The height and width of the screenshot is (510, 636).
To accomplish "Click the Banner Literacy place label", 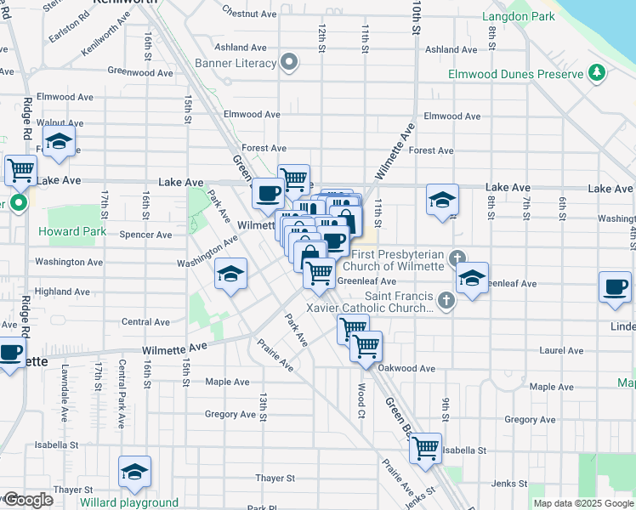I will pos(236,63).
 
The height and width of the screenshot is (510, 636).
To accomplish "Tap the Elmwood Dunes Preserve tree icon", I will pos(599,73).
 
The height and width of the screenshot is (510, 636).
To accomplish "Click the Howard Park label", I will pos(71,231).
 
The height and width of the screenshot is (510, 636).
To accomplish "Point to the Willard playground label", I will pos(129,502).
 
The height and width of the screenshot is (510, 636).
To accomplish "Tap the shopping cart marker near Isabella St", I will pos(425,447).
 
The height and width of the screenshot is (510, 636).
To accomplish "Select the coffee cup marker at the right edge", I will pos(615,286).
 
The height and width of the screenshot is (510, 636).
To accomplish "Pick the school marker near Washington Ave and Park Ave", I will pos(230,274).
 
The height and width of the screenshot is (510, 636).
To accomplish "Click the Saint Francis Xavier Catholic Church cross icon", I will pos(445,299).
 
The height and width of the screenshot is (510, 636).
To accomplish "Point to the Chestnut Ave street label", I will pos(249,14).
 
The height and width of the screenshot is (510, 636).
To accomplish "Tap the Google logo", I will pos(28,500).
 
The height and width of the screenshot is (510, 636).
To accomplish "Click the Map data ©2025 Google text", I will pos(582,503).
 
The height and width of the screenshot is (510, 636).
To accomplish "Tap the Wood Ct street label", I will pos(361,393).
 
